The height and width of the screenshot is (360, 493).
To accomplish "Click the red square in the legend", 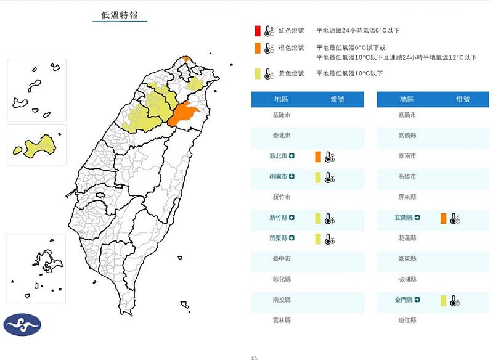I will (x=258, y=30).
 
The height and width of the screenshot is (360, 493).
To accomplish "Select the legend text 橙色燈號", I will (x=291, y=47).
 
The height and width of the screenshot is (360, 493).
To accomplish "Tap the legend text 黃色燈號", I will (x=291, y=73).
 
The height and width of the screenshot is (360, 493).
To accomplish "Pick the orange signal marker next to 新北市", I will (x=318, y=157).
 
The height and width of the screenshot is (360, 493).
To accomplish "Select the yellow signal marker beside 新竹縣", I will (x=318, y=218).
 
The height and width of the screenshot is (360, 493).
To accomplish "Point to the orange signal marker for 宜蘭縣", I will (x=443, y=218).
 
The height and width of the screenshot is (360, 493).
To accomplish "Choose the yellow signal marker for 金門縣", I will (x=443, y=300).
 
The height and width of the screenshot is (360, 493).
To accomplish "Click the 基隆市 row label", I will (x=281, y=115).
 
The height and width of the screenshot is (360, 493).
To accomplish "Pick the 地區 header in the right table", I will (x=407, y=99).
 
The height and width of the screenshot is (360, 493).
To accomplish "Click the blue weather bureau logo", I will (x=22, y=325).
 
